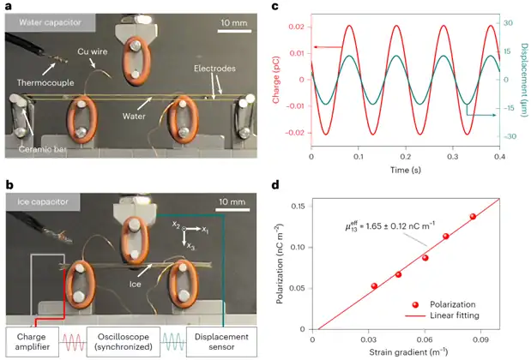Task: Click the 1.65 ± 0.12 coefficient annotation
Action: coord(382,229)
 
